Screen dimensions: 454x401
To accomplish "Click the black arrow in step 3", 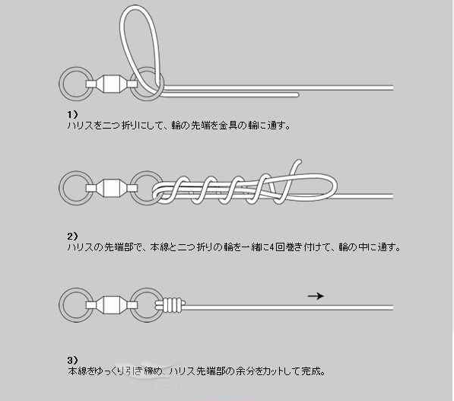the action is coord(316,296).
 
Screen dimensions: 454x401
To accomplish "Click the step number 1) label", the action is coord(73,115).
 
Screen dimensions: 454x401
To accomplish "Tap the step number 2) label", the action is coord(73,237).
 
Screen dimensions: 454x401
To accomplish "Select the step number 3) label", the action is coord(73,360).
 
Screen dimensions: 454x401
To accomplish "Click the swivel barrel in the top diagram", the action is coord(112,84).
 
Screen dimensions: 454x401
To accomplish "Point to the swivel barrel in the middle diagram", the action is coord(112,188).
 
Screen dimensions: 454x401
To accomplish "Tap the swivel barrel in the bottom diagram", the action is coord(112,305).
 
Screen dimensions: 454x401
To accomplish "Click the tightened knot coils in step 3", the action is coord(173,305).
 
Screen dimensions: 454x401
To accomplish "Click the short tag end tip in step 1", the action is coord(297,95).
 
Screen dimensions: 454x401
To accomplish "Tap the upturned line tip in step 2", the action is coord(298,161).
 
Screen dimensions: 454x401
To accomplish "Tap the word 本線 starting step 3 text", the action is coord(78,371).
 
